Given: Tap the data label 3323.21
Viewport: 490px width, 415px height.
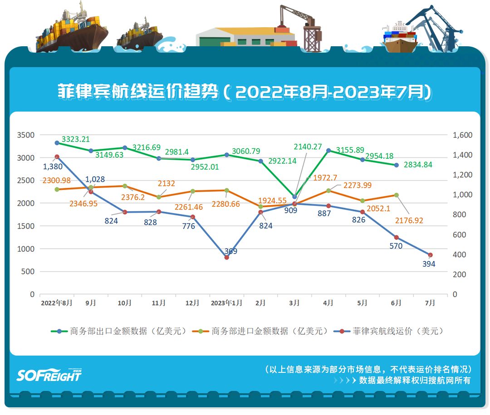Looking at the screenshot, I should pyautogui.click(x=76, y=139).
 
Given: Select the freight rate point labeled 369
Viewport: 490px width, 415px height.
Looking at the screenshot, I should pyautogui.click(x=227, y=257).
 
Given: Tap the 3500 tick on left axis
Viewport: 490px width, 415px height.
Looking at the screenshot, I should pyautogui.click(x=26, y=135).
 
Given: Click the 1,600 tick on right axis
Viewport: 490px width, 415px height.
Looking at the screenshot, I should pyautogui.click(x=462, y=135).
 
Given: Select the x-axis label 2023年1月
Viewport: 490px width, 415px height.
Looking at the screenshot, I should pyautogui.click(x=226, y=303).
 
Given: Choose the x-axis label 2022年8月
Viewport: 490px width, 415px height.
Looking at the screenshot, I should pyautogui.click(x=57, y=303).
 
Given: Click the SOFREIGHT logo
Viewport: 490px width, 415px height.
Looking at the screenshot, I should pyautogui.click(x=49, y=375).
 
